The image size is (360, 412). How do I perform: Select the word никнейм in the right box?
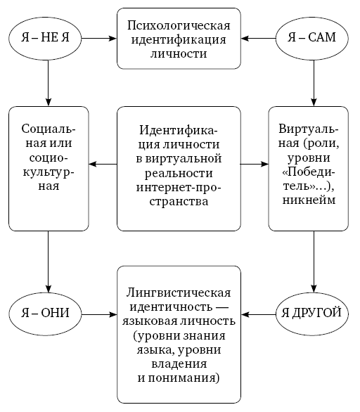tap(308, 200)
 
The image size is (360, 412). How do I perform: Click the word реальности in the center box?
tap(178, 174)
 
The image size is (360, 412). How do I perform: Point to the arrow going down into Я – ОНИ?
tap(48, 259)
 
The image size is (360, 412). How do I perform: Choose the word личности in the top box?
tap(178, 54)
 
